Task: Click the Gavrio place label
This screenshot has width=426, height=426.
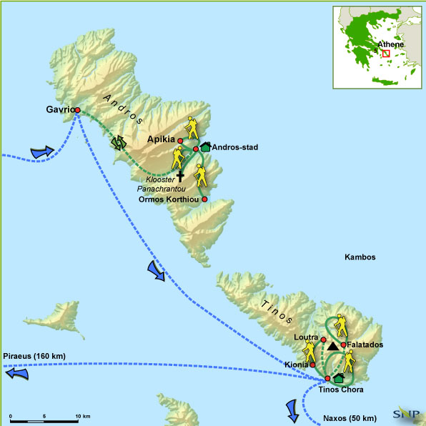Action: pyautogui.click(x=56, y=111)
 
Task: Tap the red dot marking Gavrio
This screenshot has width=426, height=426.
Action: pyautogui.click(x=77, y=110)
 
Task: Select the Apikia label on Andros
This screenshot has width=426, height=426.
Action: pyautogui.click(x=162, y=140)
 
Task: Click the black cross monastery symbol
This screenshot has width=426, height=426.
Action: pyautogui.click(x=180, y=174)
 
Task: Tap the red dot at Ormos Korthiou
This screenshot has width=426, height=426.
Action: pyautogui.click(x=204, y=199)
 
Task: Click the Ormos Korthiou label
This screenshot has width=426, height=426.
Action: pyautogui.click(x=169, y=199)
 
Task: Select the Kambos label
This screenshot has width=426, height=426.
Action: pyautogui.click(x=359, y=257)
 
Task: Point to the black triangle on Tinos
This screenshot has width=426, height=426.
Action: pyautogui.click(x=332, y=347)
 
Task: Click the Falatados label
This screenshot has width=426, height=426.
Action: pyautogui.click(x=365, y=345)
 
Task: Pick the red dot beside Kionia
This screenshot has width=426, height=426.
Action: pyautogui.click(x=312, y=365)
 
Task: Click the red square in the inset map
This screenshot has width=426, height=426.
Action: pyautogui.click(x=386, y=53)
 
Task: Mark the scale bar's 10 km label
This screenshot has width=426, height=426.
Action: pyautogui.click(x=83, y=416)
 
